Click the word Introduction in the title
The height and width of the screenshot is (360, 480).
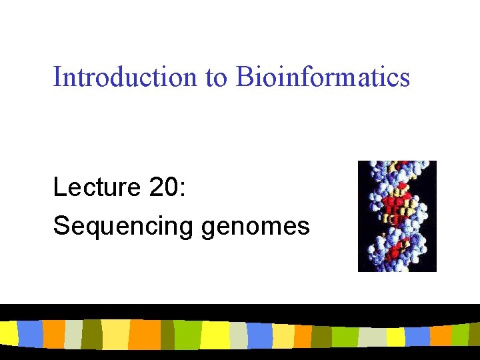coord(125,77)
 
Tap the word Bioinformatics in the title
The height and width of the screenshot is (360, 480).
coord(322,77)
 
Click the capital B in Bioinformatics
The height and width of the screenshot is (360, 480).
coord(242,77)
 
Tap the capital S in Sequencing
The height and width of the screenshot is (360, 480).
coord(60,226)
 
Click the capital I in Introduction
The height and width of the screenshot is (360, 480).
coord(57,77)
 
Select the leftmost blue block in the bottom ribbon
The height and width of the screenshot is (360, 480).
coord(29,333)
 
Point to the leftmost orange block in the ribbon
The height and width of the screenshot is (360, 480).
coord(53,334)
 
